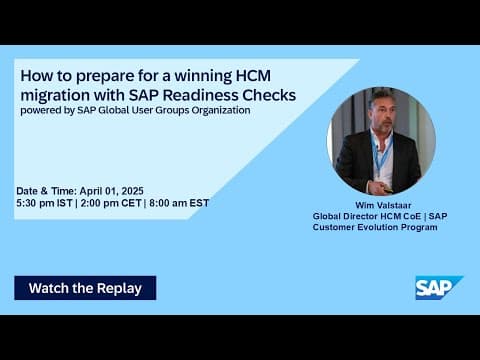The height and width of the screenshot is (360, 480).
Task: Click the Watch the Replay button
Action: point(85,288)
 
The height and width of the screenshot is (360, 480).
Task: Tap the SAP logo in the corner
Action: point(438,287)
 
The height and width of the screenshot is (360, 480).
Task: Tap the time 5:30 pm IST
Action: point(43,202)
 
